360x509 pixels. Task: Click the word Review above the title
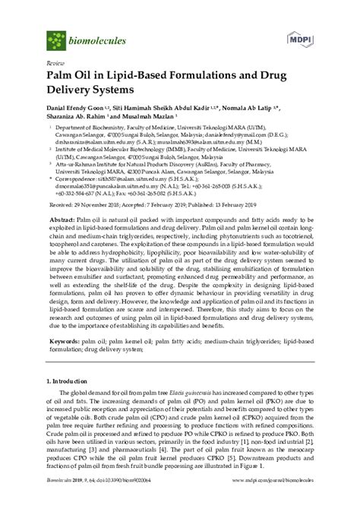pos(55,63)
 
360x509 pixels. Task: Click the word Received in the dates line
pos(61,205)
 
